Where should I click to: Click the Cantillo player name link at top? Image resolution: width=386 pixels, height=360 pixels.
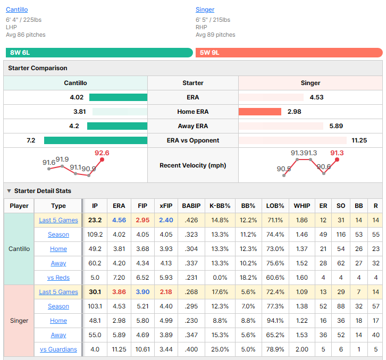coord(16,10)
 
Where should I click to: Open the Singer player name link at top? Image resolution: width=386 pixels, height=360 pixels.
coord(205,10)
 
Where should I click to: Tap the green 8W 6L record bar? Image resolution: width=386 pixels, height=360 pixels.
coord(99,53)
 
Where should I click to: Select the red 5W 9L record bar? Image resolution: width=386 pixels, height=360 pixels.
coord(289,53)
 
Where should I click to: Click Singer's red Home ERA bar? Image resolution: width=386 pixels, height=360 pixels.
coord(259,112)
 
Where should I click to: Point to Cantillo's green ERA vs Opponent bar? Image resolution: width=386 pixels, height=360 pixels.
coord(96,140)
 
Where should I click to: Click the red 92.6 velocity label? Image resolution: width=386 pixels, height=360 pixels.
coord(102,153)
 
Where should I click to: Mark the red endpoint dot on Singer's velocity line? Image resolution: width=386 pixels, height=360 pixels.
coord(337,160)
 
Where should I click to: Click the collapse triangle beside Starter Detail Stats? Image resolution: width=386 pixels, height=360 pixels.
coord(9,191)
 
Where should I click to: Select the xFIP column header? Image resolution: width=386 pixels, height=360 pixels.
coord(166,206)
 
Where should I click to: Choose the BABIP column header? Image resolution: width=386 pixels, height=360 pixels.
coord(191,206)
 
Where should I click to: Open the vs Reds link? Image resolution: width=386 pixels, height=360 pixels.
coord(58,278)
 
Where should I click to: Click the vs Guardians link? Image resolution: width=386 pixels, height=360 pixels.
coord(58,349)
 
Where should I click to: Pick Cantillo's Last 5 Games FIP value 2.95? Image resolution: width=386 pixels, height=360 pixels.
coord(142,220)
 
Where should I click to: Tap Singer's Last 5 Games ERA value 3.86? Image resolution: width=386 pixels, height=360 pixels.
coord(119,292)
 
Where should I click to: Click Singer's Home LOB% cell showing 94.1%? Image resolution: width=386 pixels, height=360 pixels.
coord(275,321)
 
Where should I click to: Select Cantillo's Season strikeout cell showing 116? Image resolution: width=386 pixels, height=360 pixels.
coord(341,235)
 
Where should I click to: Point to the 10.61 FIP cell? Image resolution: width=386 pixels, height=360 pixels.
coord(142,349)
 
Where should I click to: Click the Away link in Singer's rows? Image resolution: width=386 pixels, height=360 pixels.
coord(58,335)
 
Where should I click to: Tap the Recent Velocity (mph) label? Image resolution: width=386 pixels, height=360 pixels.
coord(193,165)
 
